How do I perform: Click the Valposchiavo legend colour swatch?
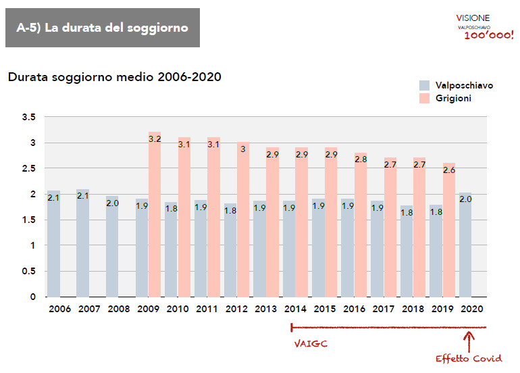(424, 86)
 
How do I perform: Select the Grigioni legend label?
(454, 99)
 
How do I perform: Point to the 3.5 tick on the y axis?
(28, 117)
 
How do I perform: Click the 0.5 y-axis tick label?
(28, 271)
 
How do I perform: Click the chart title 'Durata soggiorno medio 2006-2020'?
(115, 77)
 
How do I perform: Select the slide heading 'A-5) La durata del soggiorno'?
(102, 28)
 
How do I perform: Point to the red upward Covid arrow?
(471, 338)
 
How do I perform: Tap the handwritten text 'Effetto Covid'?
(469, 357)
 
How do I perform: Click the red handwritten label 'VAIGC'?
(311, 343)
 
